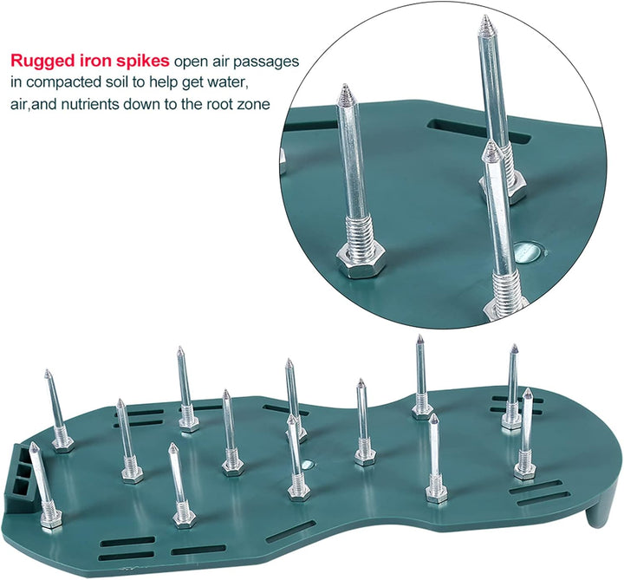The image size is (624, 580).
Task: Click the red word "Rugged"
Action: pyautogui.click(x=42, y=61)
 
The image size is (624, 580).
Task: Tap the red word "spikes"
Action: pyautogui.click(x=143, y=61)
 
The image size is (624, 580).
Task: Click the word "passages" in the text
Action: pyautogui.click(x=266, y=62)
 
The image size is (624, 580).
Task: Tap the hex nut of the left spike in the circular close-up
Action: pyautogui.click(x=361, y=261)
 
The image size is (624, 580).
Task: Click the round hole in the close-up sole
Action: pyautogui.click(x=528, y=252)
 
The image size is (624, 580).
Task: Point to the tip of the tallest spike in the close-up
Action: pyautogui.click(x=485, y=16)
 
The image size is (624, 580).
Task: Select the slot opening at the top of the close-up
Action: pyautogui.click(x=478, y=131)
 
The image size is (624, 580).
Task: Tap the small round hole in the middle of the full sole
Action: pyautogui.click(x=307, y=464)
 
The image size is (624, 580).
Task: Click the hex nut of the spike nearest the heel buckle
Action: pyautogui.click(x=51, y=519)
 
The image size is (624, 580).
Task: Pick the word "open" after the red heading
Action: pyautogui.click(x=191, y=63)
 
